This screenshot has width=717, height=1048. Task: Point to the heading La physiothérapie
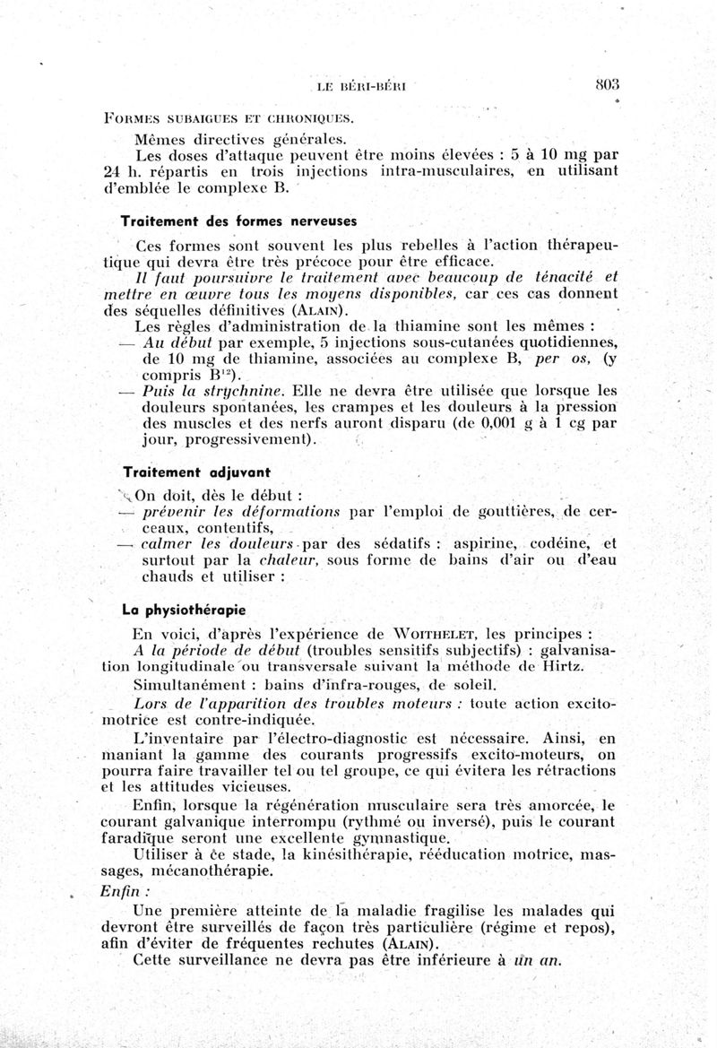pos(186,610)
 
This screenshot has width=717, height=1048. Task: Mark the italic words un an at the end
pos(539,961)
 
